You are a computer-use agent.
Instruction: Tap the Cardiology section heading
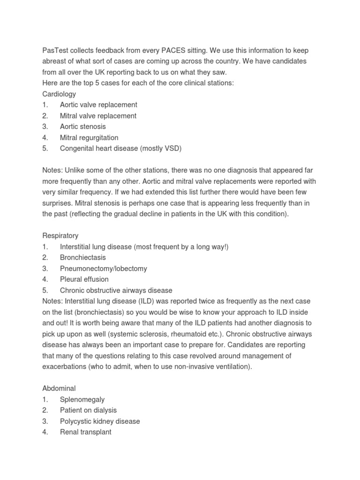(59, 94)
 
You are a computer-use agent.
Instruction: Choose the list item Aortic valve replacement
(98, 105)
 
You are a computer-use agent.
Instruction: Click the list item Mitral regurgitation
(89, 138)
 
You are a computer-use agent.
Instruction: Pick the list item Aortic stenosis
(83, 127)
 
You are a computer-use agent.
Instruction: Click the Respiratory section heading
(60, 236)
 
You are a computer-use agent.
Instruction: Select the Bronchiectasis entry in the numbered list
(83, 257)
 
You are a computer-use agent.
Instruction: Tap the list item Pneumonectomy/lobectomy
(104, 269)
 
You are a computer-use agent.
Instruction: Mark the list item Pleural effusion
(84, 279)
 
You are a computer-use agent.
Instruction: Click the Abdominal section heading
(59, 389)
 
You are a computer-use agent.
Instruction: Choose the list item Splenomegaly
(82, 400)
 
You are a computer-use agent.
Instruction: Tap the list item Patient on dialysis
(89, 411)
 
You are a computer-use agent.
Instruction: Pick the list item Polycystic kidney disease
(100, 421)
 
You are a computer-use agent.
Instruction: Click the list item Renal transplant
(86, 432)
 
